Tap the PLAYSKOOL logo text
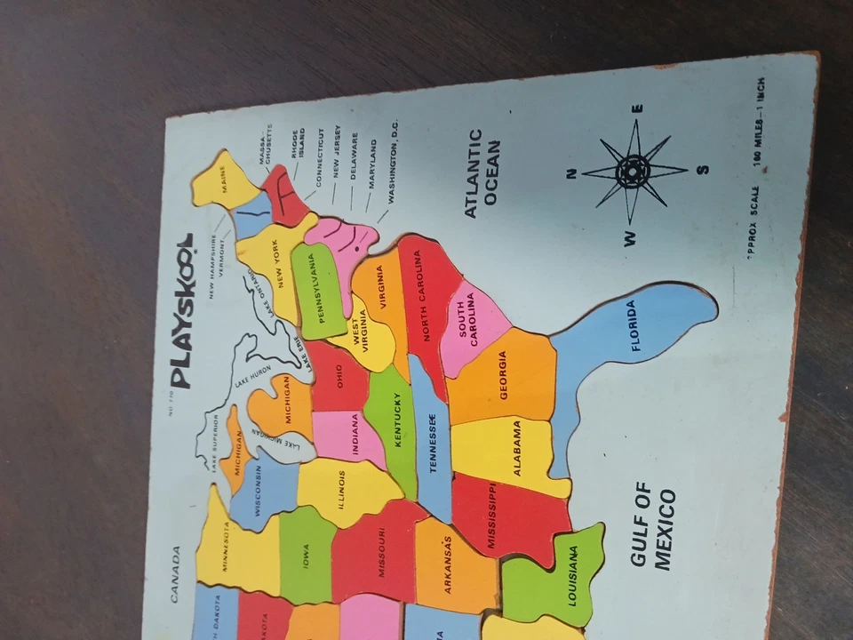click(x=181, y=311)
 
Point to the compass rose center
click(x=634, y=170)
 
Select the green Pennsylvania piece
click(x=316, y=289)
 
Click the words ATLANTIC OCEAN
click(x=483, y=173)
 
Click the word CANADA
click(x=175, y=573)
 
